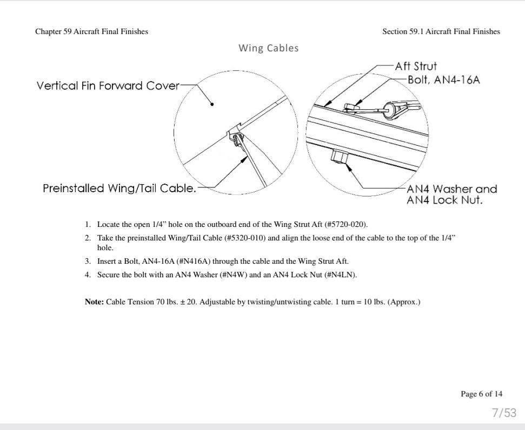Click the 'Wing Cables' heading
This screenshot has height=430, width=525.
(x=269, y=48)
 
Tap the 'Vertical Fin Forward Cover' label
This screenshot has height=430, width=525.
(x=108, y=86)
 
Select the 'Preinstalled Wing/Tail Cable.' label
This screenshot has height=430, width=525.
(x=119, y=188)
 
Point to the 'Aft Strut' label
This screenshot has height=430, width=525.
(x=416, y=66)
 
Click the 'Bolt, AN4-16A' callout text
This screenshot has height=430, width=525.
(x=444, y=80)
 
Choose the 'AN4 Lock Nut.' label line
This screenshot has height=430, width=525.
(x=444, y=200)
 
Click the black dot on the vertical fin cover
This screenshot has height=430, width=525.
(x=212, y=105)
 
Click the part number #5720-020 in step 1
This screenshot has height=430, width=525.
(x=345, y=224)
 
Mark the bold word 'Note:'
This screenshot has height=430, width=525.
(x=95, y=302)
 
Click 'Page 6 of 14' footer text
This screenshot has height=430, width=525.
(x=481, y=394)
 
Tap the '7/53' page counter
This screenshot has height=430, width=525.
(x=504, y=413)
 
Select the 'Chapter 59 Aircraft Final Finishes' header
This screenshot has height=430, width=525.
(x=92, y=31)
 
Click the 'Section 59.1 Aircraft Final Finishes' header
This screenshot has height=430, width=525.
(x=441, y=31)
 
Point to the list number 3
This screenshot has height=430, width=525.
(x=88, y=261)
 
